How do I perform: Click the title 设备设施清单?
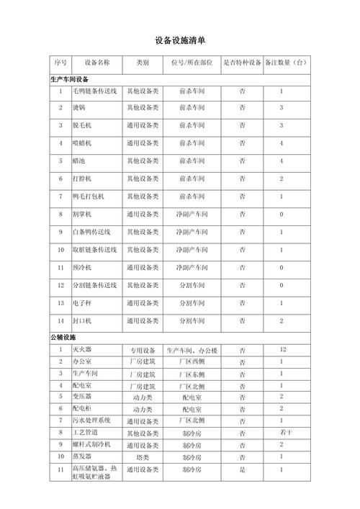(x=180, y=40)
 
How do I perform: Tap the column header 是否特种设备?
(x=242, y=63)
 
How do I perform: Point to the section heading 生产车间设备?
(x=69, y=79)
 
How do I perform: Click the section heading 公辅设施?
(x=63, y=337)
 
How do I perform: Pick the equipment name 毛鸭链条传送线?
(x=94, y=91)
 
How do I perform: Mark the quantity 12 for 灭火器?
(x=283, y=349)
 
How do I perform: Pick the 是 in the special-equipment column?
(x=242, y=469)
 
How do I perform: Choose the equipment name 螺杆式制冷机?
(x=91, y=444)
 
